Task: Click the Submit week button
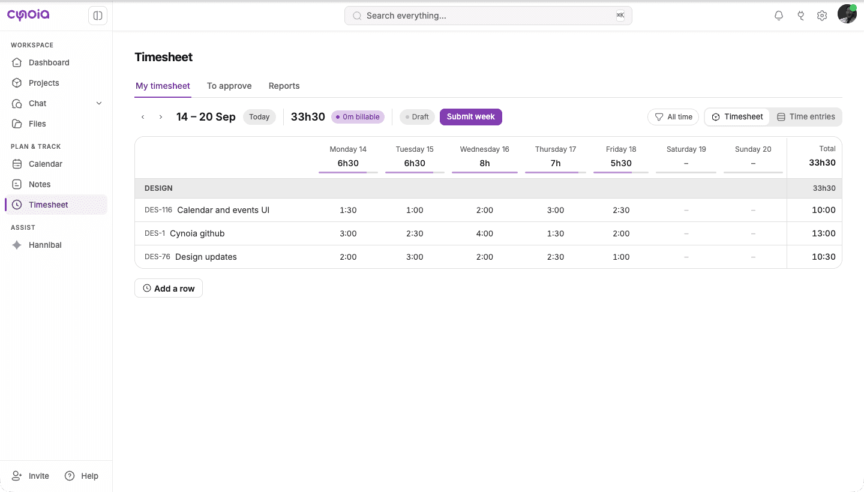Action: [470, 117]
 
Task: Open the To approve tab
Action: [229, 86]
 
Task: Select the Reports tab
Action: [284, 86]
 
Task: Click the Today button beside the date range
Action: [259, 117]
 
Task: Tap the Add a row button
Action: [169, 289]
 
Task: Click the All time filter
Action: [673, 117]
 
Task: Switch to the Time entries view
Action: [806, 117]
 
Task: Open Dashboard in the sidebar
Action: [49, 62]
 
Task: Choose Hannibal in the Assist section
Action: [45, 245]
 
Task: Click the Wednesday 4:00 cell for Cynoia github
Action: [484, 233]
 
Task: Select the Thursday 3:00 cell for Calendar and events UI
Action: [556, 210]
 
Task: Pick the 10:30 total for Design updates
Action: [823, 257]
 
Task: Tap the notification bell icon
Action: [779, 16]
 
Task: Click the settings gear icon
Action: [822, 16]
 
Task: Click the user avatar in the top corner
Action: [847, 14]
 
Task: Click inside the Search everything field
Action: [488, 16]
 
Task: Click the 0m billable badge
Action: [358, 117]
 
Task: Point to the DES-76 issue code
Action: [157, 257]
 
